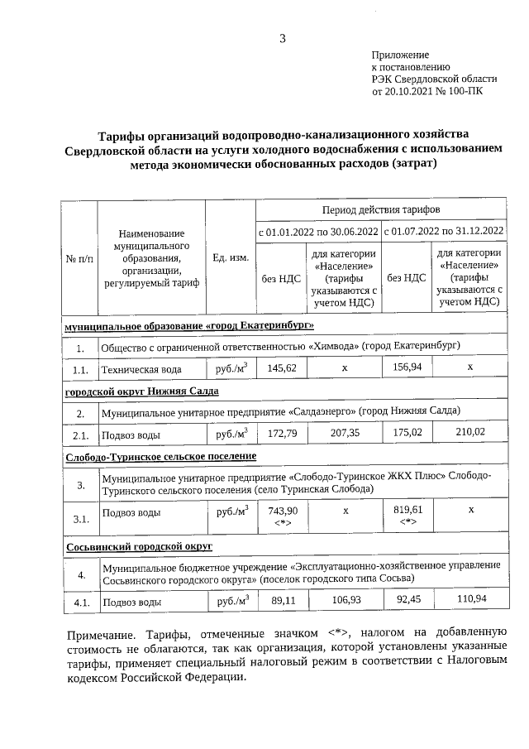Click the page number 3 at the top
pos(282,38)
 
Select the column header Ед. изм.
pos(231,258)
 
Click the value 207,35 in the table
pos(346,433)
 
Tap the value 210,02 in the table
pos(470,433)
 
